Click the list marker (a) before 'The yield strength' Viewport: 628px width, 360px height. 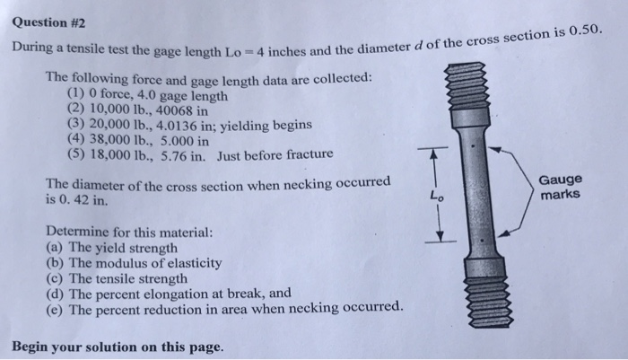(x=55, y=247)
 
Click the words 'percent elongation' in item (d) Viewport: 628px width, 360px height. (x=158, y=293)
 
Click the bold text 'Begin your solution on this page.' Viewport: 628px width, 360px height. (x=117, y=346)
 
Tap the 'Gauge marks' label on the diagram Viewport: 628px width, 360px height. (x=561, y=187)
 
